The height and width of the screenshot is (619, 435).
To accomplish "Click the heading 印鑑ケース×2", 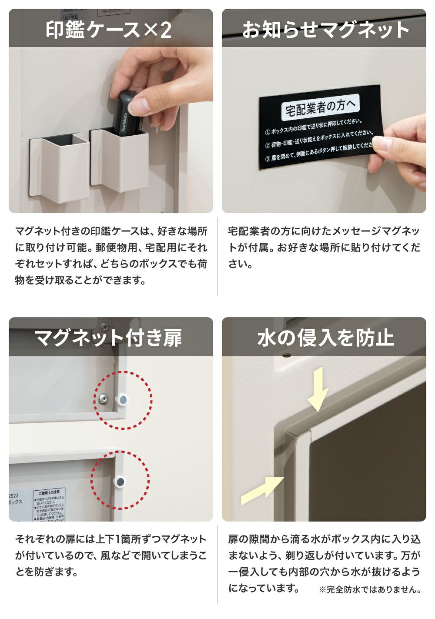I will pos(109,30).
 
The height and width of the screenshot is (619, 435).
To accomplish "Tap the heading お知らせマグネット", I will pos(325,30).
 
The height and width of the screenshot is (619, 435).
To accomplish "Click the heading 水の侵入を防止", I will pos(325,338).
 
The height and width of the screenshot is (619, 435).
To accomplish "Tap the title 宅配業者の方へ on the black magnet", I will pos(319,107).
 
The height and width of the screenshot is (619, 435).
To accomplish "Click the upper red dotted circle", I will pos(124,400).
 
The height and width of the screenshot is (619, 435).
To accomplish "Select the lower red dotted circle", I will pos(120,480).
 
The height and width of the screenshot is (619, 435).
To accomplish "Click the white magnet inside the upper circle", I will pos(123,399).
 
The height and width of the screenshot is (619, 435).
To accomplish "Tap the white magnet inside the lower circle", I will pos(120,481).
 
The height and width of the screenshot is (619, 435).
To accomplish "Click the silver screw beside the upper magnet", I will pos(104,398).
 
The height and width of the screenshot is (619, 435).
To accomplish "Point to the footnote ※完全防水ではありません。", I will pos(370,590).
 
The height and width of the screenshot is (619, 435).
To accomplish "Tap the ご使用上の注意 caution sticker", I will pos(50,505).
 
